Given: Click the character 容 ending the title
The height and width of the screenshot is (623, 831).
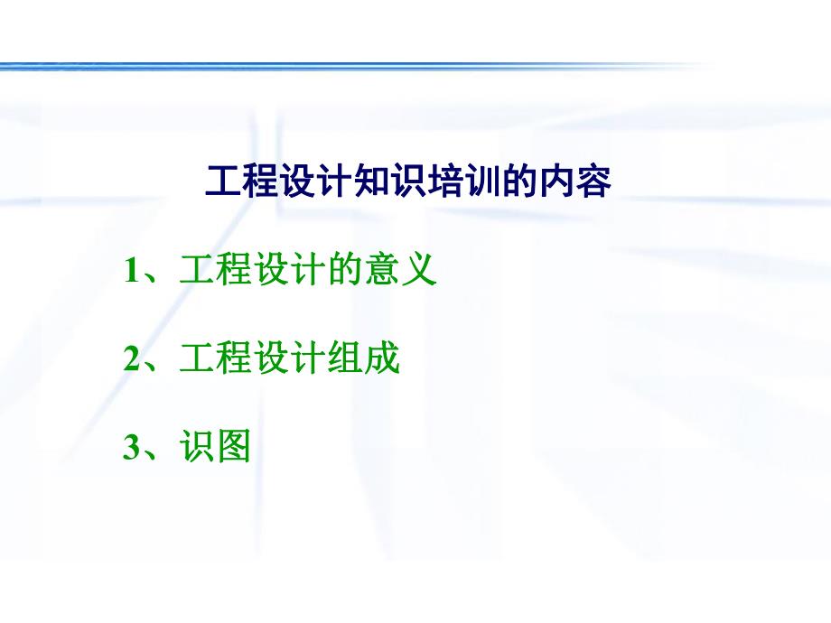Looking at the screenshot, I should click(593, 182).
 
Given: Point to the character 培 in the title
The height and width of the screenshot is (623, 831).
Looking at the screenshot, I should click(445, 182).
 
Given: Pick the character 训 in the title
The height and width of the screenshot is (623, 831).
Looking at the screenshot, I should click(482, 182).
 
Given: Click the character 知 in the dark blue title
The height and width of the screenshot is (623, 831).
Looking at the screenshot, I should click(371, 182).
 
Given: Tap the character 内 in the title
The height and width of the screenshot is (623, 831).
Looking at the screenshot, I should click(556, 182).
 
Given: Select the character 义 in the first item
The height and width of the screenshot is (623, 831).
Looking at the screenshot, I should click(419, 271).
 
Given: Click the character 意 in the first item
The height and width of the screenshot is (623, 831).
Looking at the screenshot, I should click(382, 271).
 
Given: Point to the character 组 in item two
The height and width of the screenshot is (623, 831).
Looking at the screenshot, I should click(345, 359).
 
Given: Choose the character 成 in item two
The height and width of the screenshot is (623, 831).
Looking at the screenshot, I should click(382, 359).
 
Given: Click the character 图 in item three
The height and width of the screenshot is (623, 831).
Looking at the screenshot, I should click(234, 448).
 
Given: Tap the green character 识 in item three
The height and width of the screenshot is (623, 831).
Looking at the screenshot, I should click(197, 448).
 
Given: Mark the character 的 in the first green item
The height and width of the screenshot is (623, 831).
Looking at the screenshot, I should click(345, 271).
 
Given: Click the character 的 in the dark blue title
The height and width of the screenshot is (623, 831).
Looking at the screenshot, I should click(519, 182).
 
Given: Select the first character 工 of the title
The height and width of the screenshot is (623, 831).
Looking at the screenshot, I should click(223, 182).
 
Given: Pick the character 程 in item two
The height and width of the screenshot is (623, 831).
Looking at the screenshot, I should click(234, 359).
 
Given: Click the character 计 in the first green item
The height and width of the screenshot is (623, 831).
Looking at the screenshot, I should click(308, 271).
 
